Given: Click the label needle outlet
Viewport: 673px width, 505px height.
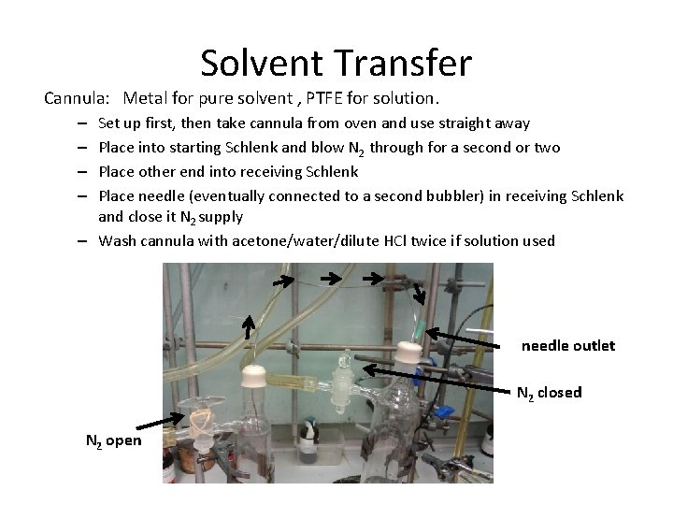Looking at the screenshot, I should click(567, 346).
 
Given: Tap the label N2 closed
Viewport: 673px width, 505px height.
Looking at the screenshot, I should click(549, 393).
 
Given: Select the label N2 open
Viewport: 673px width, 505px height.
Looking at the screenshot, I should click(114, 440).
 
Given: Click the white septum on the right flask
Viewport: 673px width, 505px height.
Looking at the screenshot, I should click(408, 353).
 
